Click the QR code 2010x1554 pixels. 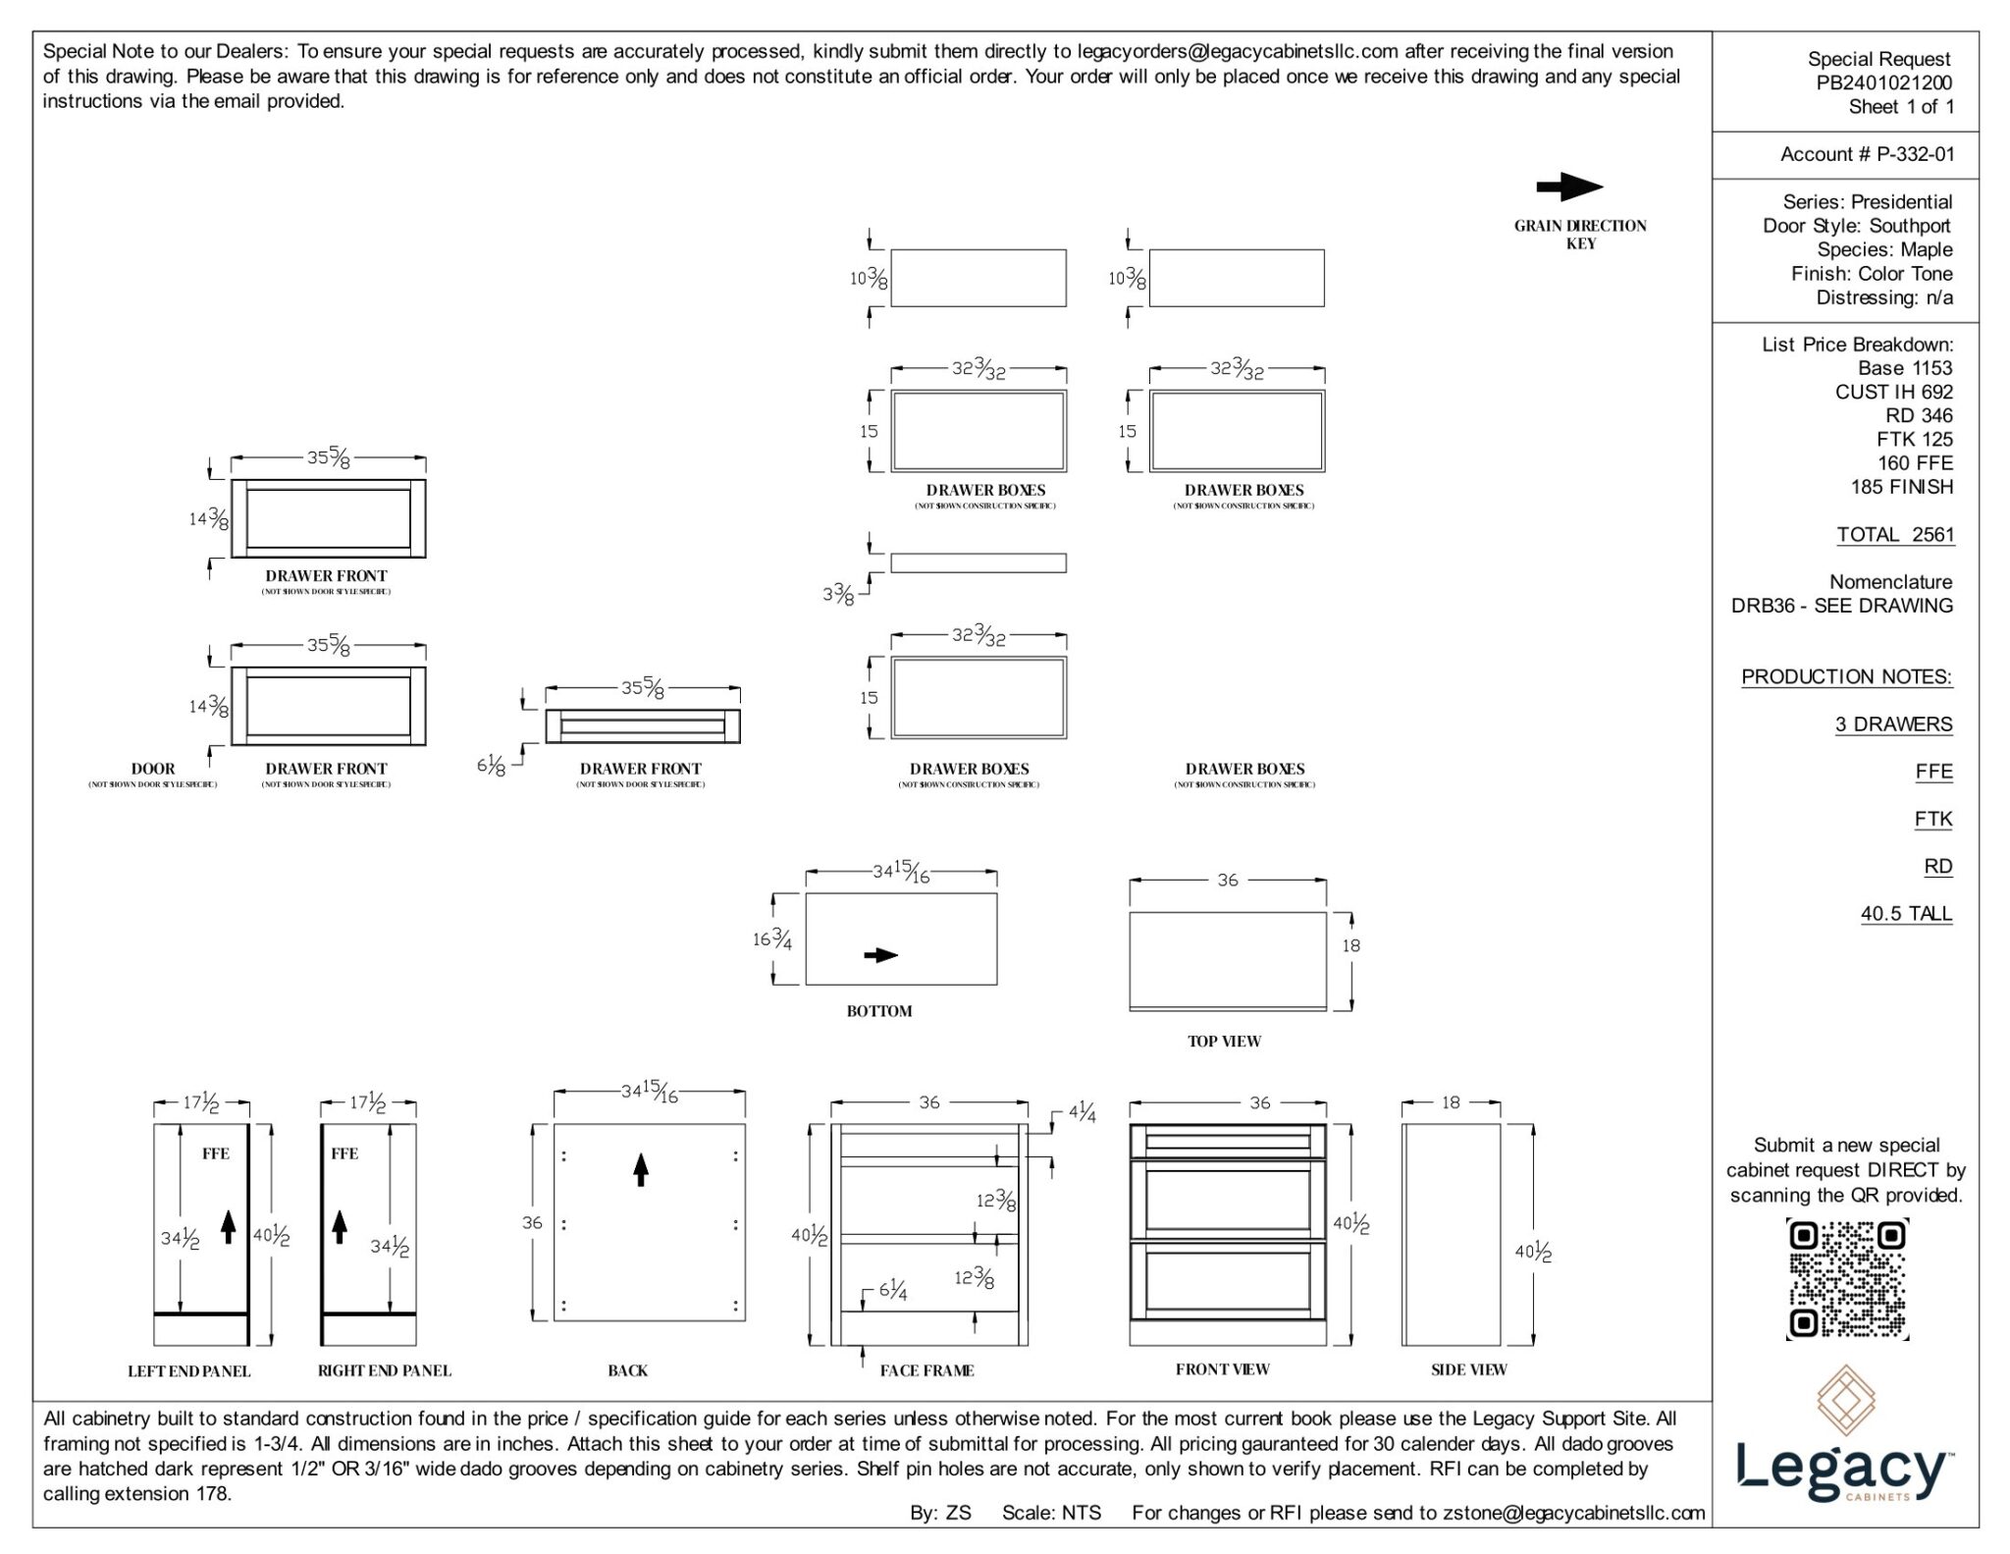coord(1847,1278)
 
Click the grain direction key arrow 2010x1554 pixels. coord(1568,187)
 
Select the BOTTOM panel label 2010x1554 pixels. coord(879,1011)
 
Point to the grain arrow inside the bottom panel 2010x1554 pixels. coord(880,955)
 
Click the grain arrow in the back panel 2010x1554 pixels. coord(641,1169)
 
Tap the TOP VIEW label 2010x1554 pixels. coord(1224,1041)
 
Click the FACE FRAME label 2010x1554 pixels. coord(926,1370)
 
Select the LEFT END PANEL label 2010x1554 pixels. coord(189,1370)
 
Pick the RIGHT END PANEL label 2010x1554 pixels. coord(384,1370)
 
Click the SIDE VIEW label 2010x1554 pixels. coord(1468,1369)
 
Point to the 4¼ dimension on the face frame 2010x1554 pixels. coord(1082,1113)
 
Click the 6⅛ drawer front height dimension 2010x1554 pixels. coord(492,765)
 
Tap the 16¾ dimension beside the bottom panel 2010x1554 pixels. coord(772,939)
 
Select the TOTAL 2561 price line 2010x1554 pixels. coord(1894,535)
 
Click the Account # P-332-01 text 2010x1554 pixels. coord(1867,154)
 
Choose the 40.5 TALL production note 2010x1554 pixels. coord(1906,914)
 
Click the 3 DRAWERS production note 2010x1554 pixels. coord(1893,724)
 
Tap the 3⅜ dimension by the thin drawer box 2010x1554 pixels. coord(838,594)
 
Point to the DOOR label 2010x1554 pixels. coord(153,769)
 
